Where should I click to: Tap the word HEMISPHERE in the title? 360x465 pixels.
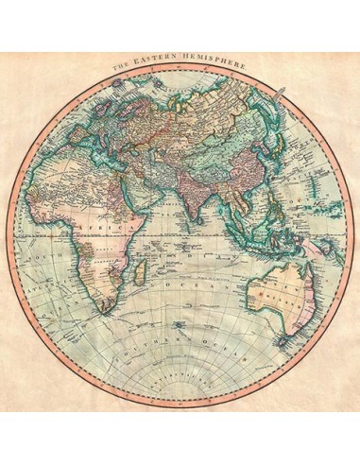point(209,69)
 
